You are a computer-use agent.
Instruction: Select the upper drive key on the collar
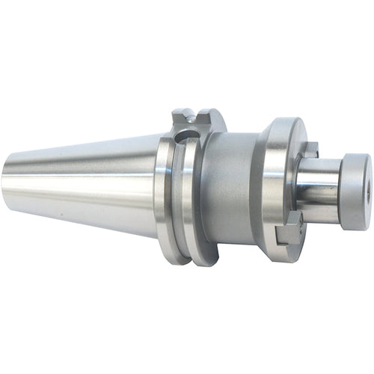point(309,149)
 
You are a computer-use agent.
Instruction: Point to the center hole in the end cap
point(365,180)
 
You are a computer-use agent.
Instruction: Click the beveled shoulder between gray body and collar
point(254,187)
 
